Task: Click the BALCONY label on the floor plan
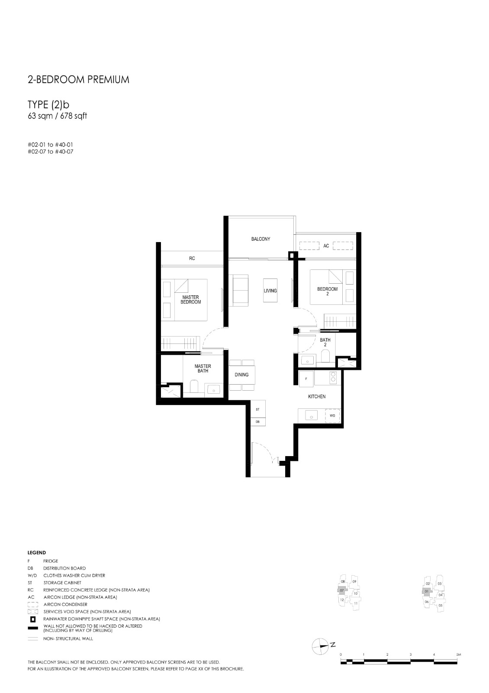click(261, 239)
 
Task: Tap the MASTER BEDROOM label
click(191, 299)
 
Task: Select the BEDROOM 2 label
click(327, 291)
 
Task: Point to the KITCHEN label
click(317, 396)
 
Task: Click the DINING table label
click(241, 375)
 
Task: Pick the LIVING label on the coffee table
click(270, 291)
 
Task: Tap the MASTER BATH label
click(203, 368)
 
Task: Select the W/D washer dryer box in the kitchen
click(332, 415)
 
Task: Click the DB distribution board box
click(258, 422)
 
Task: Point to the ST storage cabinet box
click(258, 409)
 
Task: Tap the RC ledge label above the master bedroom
click(192, 258)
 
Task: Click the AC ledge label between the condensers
click(326, 246)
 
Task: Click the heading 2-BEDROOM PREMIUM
click(78, 80)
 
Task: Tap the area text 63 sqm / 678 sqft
click(58, 116)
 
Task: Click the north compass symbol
click(320, 647)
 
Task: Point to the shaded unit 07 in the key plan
click(342, 590)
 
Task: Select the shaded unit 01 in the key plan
click(427, 591)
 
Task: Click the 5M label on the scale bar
click(458, 654)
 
